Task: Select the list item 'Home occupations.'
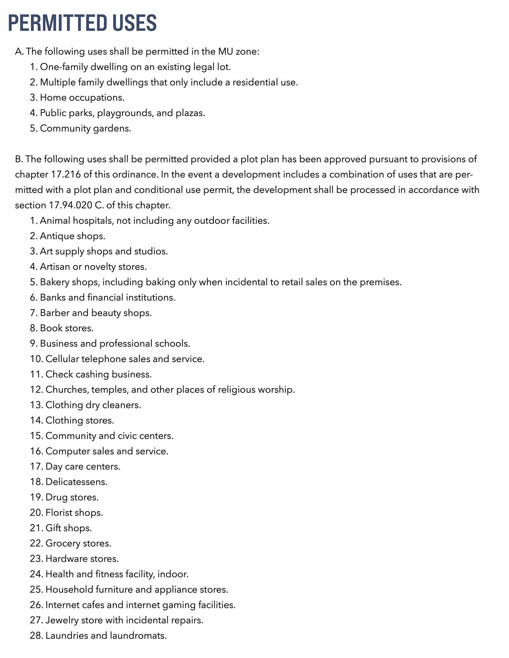coord(82,98)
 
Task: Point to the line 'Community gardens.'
coord(86,128)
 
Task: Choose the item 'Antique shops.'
coord(73,236)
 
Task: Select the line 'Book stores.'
coord(67,328)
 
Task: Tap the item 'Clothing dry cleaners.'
coord(93,405)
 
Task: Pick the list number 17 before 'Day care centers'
coord(35,467)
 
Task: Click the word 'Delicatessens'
coord(76,482)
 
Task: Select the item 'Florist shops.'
coord(74,513)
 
